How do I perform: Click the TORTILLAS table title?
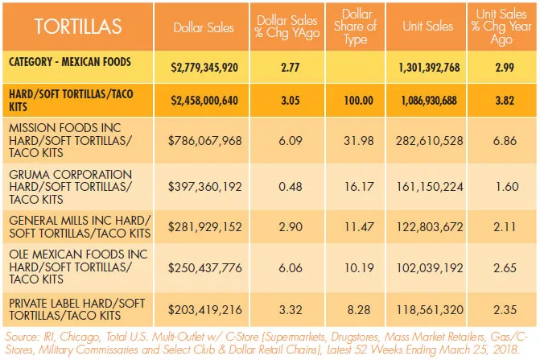coord(78,27)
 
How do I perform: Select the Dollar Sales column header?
coord(204,27)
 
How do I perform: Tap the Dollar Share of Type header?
coord(355,27)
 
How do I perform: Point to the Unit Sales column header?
coord(427,27)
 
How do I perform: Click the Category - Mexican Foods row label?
coord(70,62)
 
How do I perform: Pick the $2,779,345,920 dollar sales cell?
coord(204,67)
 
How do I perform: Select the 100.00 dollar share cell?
coord(358,100)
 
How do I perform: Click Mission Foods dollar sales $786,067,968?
coord(205,141)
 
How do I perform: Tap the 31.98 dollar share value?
coord(358,141)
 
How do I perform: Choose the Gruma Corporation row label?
coord(71,187)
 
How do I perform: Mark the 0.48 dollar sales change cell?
coord(291,187)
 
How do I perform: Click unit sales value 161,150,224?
coord(430,187)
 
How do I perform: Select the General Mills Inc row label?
coord(80,226)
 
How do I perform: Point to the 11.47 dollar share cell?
coord(358,226)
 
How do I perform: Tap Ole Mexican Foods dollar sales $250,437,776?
coord(205,267)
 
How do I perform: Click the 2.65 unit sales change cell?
coord(505,267)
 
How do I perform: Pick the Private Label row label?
coord(76,309)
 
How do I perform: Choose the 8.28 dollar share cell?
coord(358,309)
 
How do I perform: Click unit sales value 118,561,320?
coord(430,309)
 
